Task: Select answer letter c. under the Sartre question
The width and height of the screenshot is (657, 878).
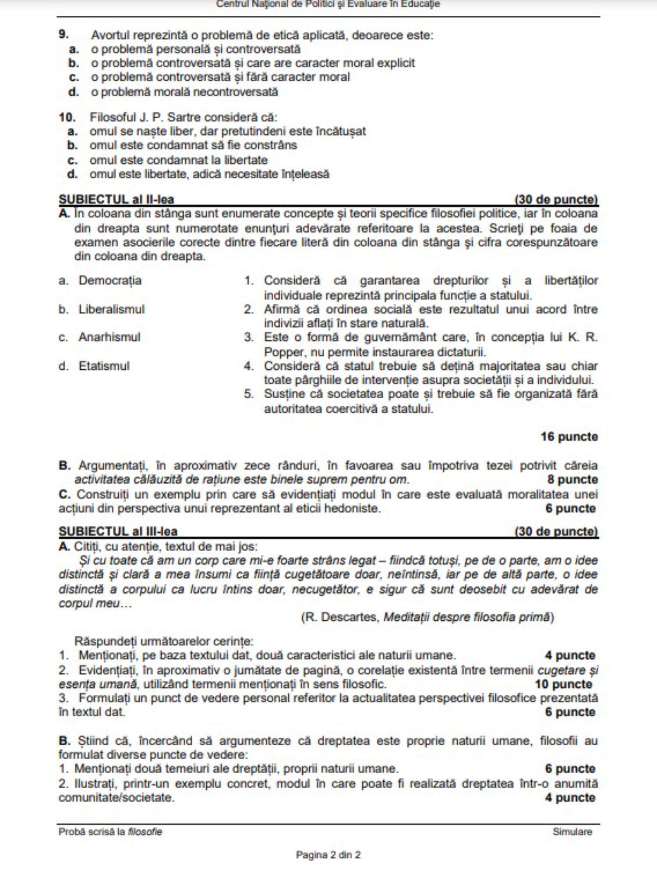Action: (73, 160)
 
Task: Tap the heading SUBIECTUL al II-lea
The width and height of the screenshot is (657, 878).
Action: (116, 199)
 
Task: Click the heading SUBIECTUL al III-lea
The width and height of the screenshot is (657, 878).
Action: (118, 531)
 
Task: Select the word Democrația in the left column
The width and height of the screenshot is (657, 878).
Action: (110, 280)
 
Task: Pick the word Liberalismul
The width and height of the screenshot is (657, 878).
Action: (111, 309)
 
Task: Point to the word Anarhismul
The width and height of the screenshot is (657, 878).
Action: (109, 337)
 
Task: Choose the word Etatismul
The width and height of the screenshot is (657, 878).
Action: (104, 366)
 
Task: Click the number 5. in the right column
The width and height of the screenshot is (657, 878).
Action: (249, 394)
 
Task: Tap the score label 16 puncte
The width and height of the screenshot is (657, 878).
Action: (569, 437)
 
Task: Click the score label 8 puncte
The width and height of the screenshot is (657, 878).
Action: (572, 480)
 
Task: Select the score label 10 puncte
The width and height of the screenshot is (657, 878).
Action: (563, 684)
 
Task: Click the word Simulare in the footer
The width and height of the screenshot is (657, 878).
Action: (572, 832)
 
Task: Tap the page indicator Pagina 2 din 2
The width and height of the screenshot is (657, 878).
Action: (328, 855)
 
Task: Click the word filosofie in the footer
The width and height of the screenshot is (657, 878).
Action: (145, 832)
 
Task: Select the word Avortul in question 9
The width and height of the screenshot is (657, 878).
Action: (110, 35)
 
